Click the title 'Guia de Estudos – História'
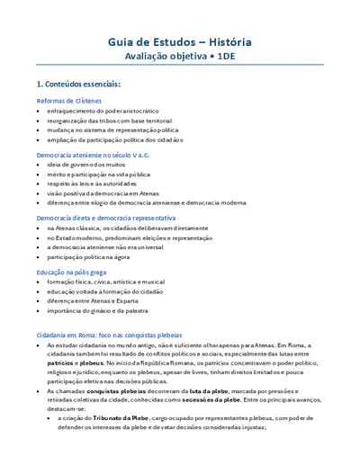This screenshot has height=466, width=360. coord(180,41)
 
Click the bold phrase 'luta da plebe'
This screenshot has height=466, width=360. coord(207,392)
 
